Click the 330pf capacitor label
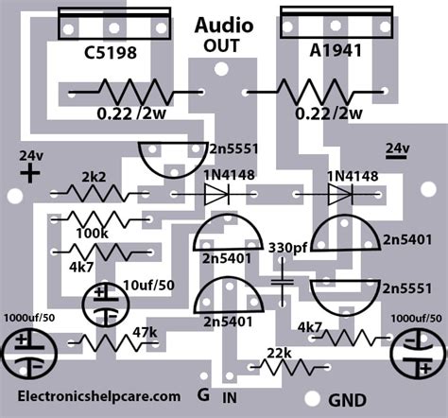(x=286, y=248)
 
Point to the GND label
(x=348, y=400)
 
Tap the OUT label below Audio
(x=223, y=44)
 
